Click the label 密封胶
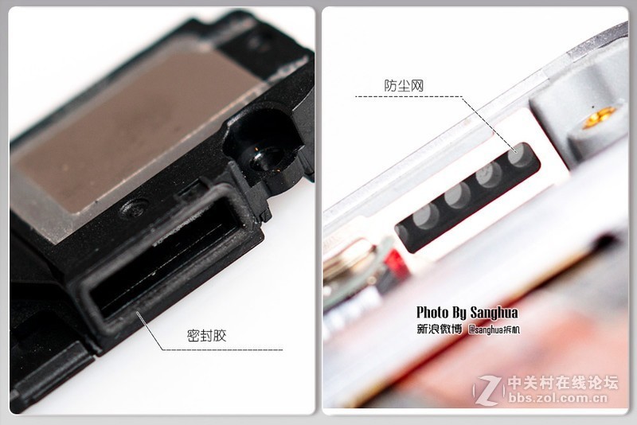(206, 336)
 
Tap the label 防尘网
(404, 86)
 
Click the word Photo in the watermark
(432, 312)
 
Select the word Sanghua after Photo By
(494, 313)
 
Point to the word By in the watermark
(459, 313)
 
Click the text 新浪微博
(440, 329)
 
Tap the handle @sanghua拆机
(494, 329)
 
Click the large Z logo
(490, 390)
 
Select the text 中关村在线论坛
(563, 383)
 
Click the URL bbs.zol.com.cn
(558, 398)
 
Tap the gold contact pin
(600, 117)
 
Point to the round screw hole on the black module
(267, 159)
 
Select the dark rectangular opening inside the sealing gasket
(166, 259)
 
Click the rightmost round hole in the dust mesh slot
(521, 156)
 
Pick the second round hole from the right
(490, 174)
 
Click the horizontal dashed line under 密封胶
(223, 349)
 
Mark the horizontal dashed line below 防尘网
(408, 96)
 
